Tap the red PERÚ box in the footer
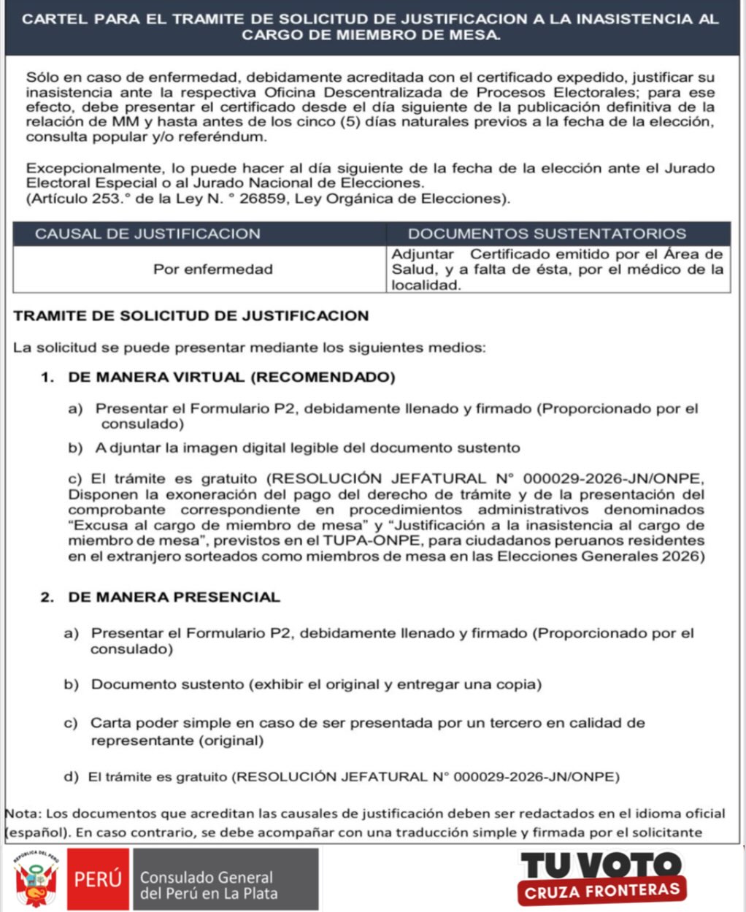98,879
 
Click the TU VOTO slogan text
600,866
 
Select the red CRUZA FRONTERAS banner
601,891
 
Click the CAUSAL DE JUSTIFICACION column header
147,234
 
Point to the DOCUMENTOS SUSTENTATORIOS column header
547,234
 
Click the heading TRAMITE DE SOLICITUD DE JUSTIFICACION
191,316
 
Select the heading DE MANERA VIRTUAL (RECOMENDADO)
231,378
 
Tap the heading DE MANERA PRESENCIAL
174,597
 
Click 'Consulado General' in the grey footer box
207,877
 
